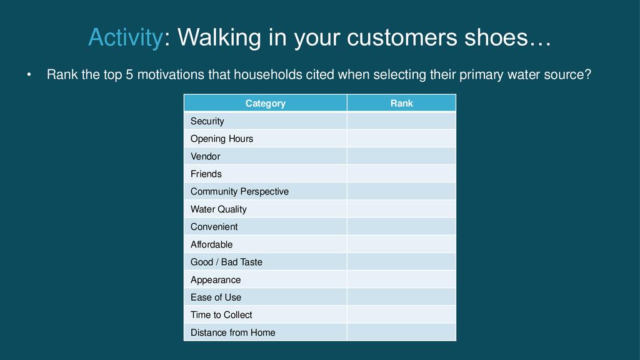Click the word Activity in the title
(126, 38)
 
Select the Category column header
(265, 103)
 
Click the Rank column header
(402, 103)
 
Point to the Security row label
(207, 121)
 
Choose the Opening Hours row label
(222, 139)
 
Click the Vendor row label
(205, 156)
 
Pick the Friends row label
(206, 174)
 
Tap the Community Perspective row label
(239, 191)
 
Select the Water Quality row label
(218, 209)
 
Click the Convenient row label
(214, 226)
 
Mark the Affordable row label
(211, 244)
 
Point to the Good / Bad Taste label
(226, 262)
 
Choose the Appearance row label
(216, 280)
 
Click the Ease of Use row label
(216, 297)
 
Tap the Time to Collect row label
(221, 315)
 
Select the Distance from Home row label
(232, 332)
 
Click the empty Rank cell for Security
(402, 121)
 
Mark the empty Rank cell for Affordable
(402, 244)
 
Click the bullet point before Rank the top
(29, 75)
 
